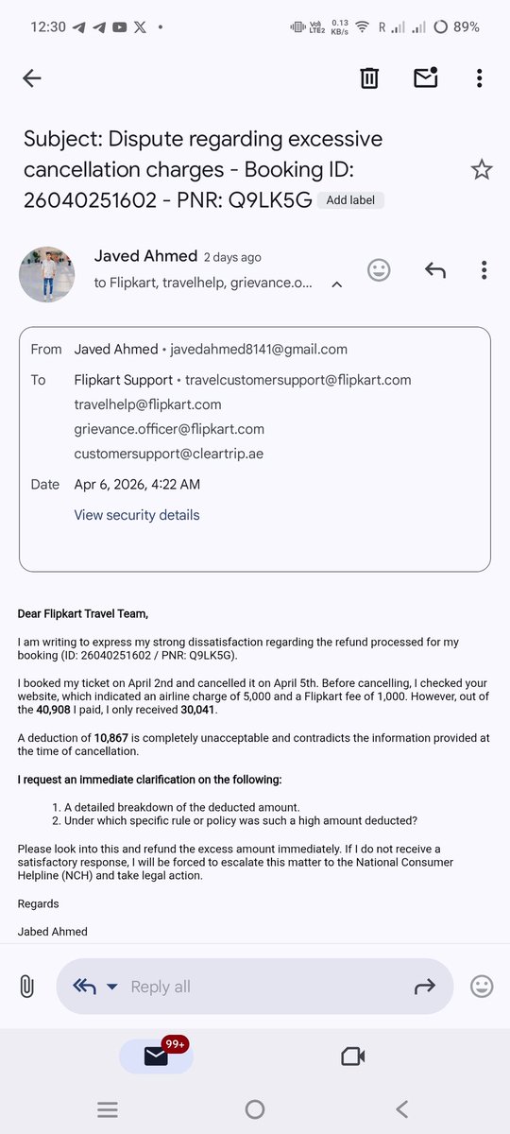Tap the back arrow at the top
tap(32, 78)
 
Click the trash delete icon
tap(369, 78)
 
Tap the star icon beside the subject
tap(482, 170)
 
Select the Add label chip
tap(350, 200)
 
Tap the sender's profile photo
tap(46, 274)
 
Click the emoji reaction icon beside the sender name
tap(379, 270)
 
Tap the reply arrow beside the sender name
tap(434, 270)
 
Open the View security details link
tap(137, 515)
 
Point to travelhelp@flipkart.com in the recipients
tap(147, 404)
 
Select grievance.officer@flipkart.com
tap(169, 429)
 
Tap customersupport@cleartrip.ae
tap(168, 454)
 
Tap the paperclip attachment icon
tap(26, 987)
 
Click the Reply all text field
tap(255, 987)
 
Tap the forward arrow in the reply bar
tap(424, 987)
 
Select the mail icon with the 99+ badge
tap(157, 1056)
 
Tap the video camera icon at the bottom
tap(353, 1056)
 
